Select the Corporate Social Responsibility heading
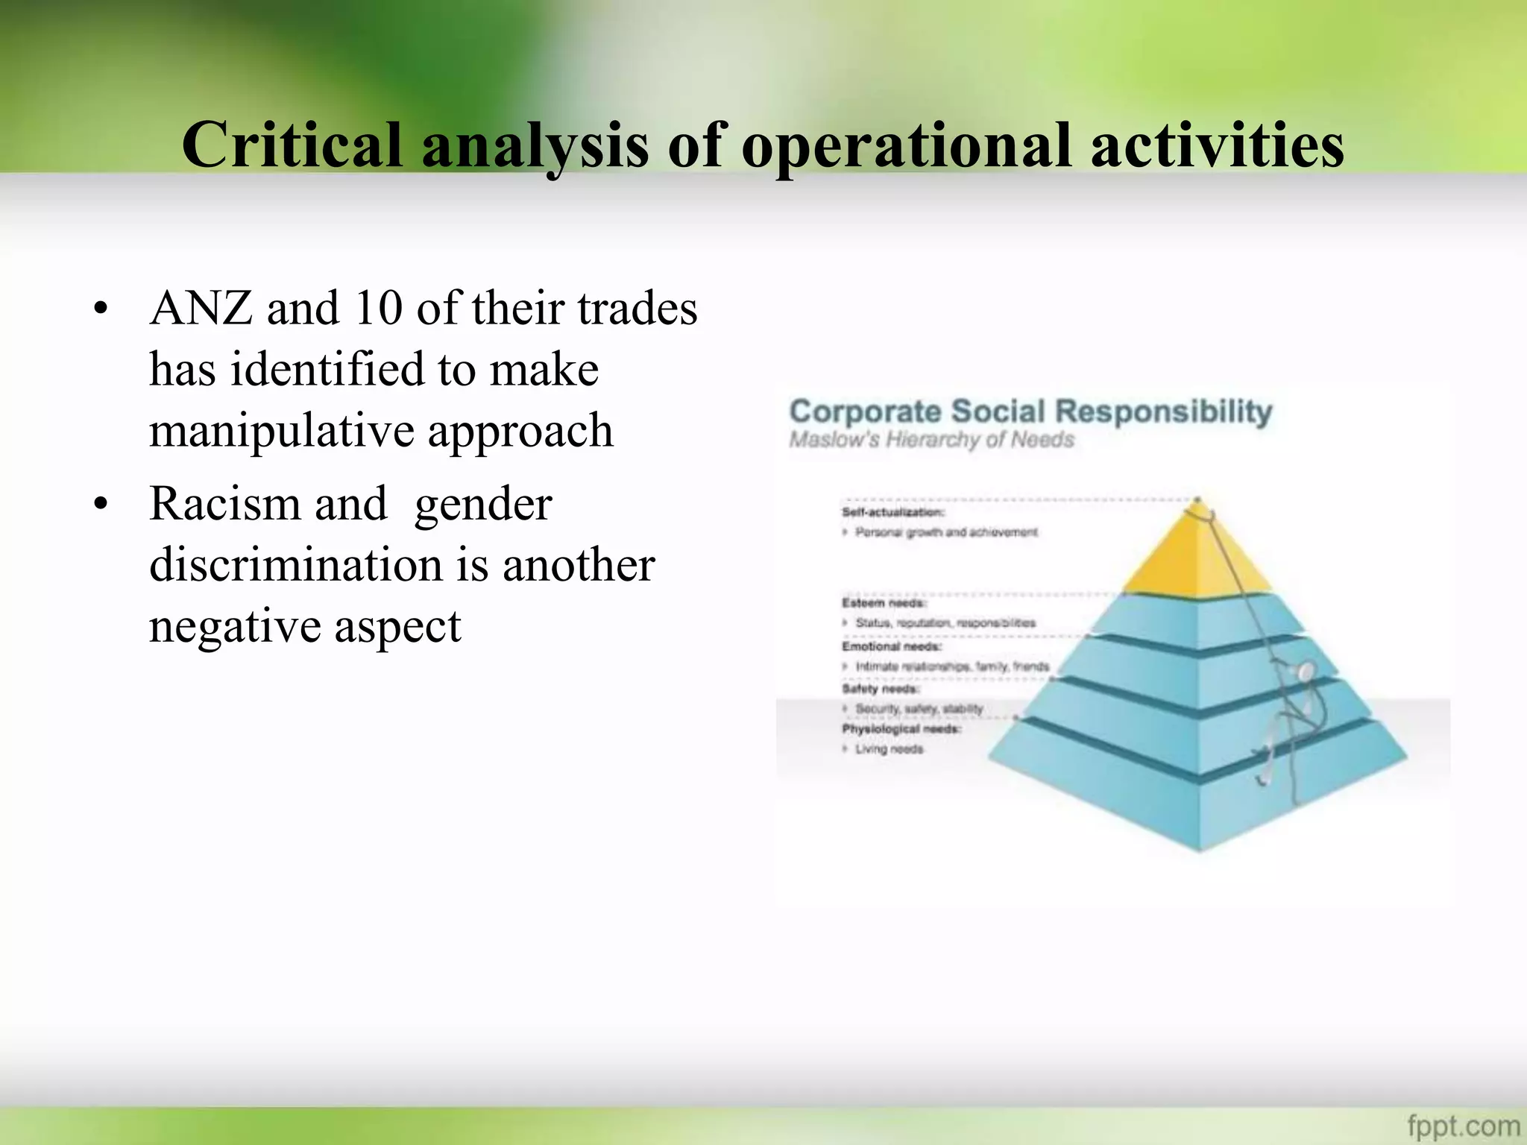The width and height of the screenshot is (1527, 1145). tap(1030, 411)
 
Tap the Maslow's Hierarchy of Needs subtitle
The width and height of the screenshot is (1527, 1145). tap(931, 440)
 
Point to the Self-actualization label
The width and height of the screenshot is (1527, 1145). tap(893, 512)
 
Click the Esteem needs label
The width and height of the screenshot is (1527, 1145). tap(884, 602)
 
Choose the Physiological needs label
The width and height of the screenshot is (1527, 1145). tap(901, 728)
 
